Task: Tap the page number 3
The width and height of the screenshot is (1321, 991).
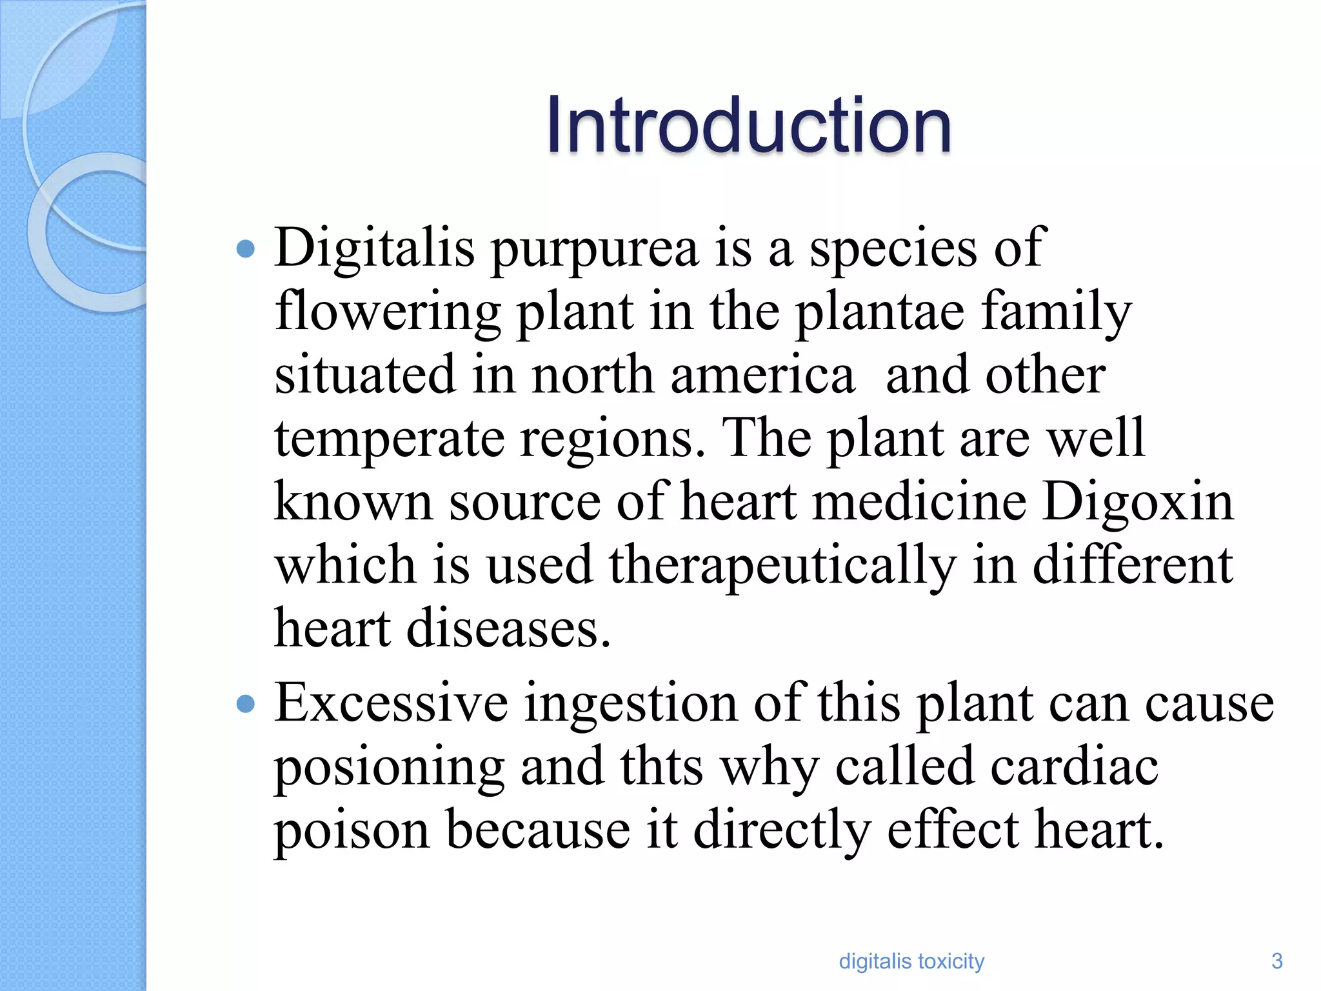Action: [x=1276, y=961]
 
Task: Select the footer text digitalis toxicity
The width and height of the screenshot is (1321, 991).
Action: [x=911, y=961]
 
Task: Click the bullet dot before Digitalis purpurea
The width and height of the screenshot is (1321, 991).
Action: [x=246, y=248]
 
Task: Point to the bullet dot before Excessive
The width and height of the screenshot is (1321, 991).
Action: [x=246, y=704]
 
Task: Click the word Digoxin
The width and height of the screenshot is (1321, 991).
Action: [x=1138, y=503]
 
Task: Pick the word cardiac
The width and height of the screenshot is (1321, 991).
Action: [x=1074, y=767]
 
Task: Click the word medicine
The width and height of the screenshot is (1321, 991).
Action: [x=919, y=503]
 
